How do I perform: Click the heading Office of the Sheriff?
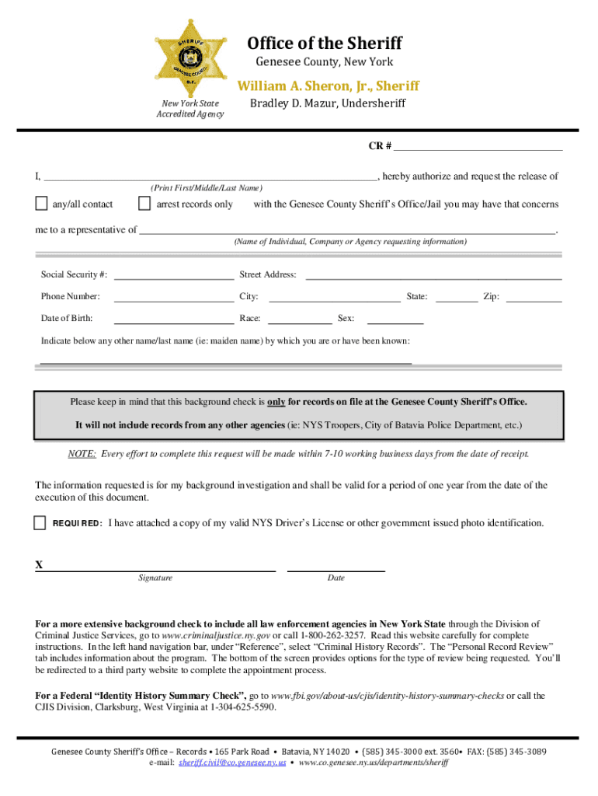coord(325,43)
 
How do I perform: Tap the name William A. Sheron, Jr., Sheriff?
coord(328,86)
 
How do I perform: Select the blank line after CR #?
coord(478,145)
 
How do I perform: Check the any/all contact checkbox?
coord(41,204)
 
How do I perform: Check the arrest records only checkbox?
coord(144,204)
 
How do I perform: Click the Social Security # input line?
coord(174,274)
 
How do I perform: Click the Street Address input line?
coord(434,274)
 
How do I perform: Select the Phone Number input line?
coord(174,296)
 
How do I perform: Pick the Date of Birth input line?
coord(174,318)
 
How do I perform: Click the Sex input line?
coord(395,318)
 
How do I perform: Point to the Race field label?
coord(250,318)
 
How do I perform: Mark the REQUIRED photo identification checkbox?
coord(40,522)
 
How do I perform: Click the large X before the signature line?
coord(40,565)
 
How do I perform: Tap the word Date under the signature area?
coord(336,578)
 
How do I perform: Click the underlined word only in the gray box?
coord(276,402)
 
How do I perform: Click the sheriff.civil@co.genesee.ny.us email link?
coord(232,763)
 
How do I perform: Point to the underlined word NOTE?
coord(82,454)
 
